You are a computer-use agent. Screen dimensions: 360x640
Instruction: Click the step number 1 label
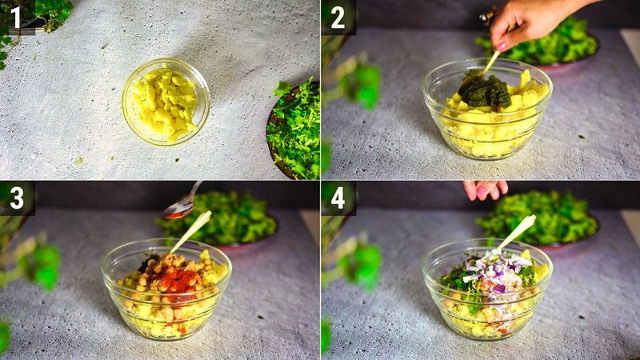point(16,17)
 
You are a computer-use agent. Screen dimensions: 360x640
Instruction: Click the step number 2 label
point(338,17)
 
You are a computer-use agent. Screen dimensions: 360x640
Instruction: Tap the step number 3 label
point(16,198)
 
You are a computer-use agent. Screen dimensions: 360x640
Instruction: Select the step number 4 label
point(338,198)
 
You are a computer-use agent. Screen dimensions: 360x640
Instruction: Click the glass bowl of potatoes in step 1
point(166,102)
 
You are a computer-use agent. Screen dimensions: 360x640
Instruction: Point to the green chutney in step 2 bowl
point(486,91)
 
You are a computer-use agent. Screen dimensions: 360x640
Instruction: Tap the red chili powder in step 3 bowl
point(182,281)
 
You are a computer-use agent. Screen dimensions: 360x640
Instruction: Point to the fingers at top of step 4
point(485,190)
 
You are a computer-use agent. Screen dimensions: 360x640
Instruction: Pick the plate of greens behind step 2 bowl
point(552,44)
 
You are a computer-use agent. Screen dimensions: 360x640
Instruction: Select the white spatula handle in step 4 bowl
point(516,232)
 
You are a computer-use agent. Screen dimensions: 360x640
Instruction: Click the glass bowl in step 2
point(486,112)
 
